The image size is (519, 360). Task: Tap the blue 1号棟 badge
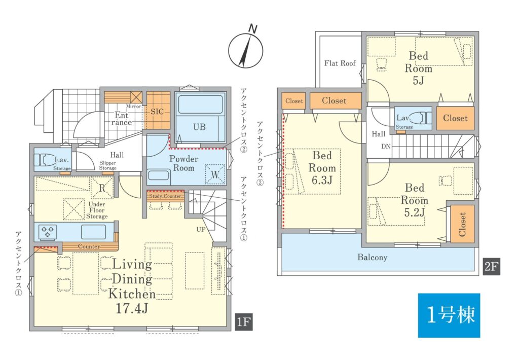[x=449, y=315]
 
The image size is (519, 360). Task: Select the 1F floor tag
[x=244, y=321]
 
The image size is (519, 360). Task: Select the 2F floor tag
[x=491, y=266]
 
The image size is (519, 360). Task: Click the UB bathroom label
[x=199, y=127]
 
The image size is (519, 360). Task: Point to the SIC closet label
[x=157, y=111]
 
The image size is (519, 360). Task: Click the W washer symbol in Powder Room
[x=215, y=174]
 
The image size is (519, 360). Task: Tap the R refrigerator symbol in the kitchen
[x=102, y=188]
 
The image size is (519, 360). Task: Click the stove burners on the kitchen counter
[x=48, y=231]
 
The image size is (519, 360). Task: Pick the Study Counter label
[x=165, y=196]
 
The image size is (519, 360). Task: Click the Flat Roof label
[x=340, y=63]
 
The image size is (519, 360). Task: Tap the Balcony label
[x=372, y=258]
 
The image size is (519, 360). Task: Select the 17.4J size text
[x=131, y=309]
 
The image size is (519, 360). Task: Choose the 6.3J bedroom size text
[x=322, y=180]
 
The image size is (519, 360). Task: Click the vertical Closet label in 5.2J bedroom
[x=462, y=224]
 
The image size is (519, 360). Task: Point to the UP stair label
[x=201, y=229]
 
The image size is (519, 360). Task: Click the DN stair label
[x=386, y=146]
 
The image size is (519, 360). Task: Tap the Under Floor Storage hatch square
[x=74, y=209]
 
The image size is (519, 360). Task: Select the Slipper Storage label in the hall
[x=108, y=165]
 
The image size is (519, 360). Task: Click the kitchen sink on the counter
[x=94, y=232]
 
